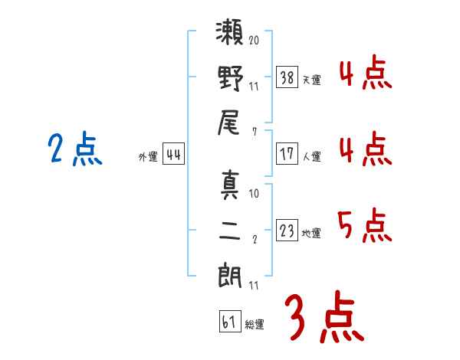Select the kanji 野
click(x=229, y=80)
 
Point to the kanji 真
click(x=229, y=185)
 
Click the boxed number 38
click(x=287, y=77)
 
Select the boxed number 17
click(x=287, y=154)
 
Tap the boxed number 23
click(x=287, y=231)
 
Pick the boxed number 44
click(x=173, y=155)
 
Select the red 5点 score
click(x=364, y=227)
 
